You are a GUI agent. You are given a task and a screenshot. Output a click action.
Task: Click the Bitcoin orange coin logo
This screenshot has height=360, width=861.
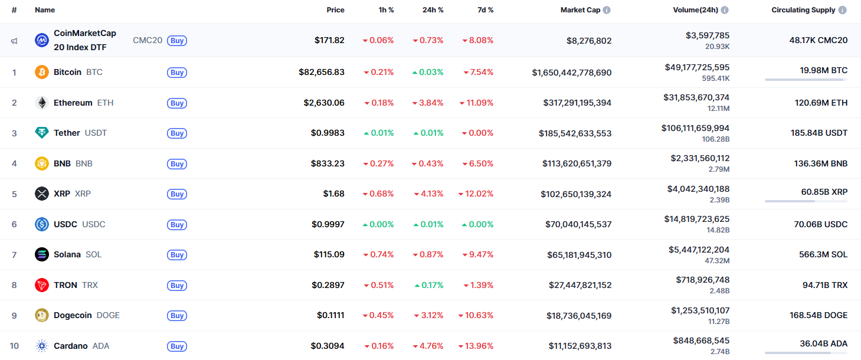coord(41,72)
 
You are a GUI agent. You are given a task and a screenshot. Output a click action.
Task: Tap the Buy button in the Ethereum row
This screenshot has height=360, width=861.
coord(177,103)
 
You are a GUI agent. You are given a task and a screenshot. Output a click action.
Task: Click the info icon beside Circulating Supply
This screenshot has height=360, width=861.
coord(842,10)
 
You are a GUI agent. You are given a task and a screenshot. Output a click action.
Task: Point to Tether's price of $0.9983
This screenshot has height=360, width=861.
coord(328,133)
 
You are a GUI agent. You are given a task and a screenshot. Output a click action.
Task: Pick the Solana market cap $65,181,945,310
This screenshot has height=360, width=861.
coord(579,255)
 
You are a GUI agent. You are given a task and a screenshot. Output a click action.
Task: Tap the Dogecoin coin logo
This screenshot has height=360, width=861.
coord(41,315)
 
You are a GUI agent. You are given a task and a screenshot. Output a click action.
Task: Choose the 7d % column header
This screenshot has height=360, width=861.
coord(486,10)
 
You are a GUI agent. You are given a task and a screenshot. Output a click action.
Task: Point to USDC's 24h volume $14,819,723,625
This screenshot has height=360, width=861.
coord(696,219)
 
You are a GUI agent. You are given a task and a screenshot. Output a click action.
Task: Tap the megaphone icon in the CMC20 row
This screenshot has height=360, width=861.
coord(14,41)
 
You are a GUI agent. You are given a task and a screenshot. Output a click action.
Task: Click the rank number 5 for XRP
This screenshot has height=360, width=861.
coord(14,194)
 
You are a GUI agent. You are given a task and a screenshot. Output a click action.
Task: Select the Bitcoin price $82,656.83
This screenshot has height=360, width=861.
coord(322,72)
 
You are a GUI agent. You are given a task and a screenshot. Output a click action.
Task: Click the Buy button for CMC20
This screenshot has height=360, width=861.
coord(177,41)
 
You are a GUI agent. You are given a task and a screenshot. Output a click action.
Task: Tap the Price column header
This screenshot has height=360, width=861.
coord(335,10)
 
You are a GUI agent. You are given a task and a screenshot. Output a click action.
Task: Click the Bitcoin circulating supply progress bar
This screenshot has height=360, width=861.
coord(806,80)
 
